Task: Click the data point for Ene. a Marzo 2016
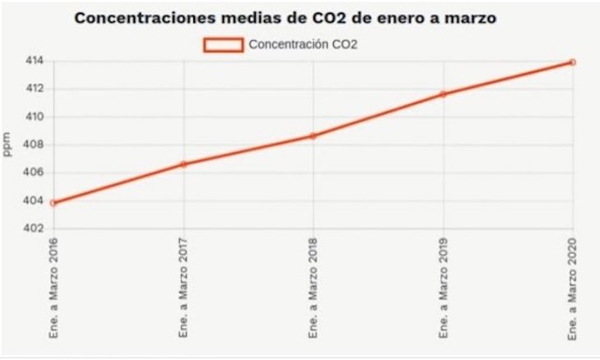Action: click(53, 202)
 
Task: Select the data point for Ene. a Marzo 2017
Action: click(183, 164)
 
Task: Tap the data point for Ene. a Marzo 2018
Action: click(313, 136)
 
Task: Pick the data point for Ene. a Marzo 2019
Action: click(443, 94)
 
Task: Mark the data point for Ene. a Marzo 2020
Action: click(572, 62)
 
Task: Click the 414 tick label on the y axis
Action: click(34, 61)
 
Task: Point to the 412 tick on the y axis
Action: click(34, 89)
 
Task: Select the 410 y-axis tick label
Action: click(34, 117)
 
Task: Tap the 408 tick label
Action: click(34, 145)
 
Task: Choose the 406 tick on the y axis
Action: click(34, 173)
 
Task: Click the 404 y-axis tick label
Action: click(34, 201)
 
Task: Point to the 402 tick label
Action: click(34, 228)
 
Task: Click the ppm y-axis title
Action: click(7, 145)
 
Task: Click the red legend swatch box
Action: click(223, 44)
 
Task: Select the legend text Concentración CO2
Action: click(302, 44)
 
